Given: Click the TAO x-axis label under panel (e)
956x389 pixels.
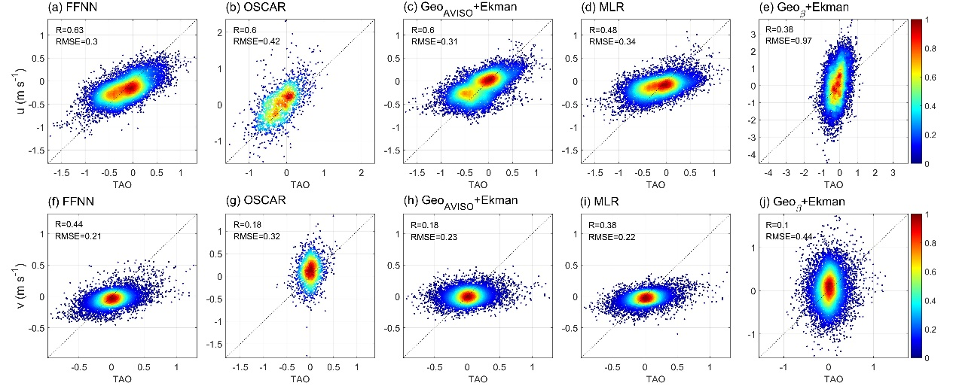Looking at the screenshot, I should click(x=829, y=185).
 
